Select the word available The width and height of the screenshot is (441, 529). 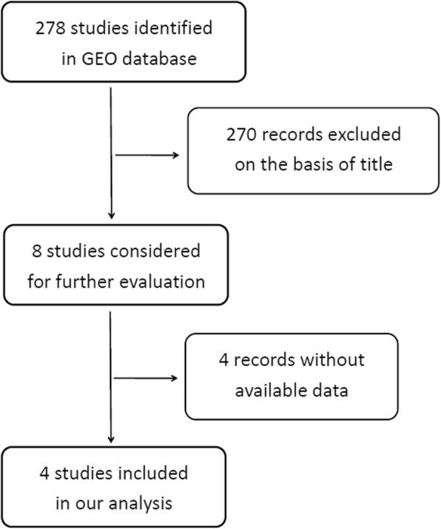269,389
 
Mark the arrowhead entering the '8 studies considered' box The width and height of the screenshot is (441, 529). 110,216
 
